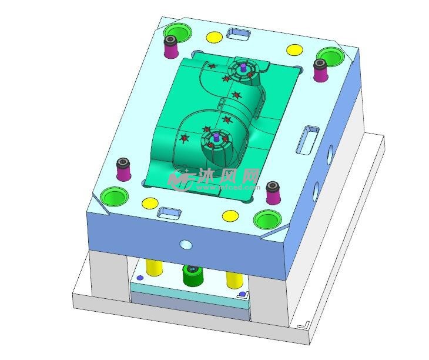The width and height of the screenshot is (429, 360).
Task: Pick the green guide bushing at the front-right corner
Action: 267,220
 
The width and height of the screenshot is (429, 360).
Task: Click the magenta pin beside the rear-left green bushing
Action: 170,47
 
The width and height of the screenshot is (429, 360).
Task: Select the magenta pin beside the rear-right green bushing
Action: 320,71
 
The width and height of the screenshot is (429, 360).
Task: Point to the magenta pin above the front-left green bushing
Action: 123,169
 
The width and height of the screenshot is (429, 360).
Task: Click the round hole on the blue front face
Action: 186,244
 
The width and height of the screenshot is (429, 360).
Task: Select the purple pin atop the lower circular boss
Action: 216,137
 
